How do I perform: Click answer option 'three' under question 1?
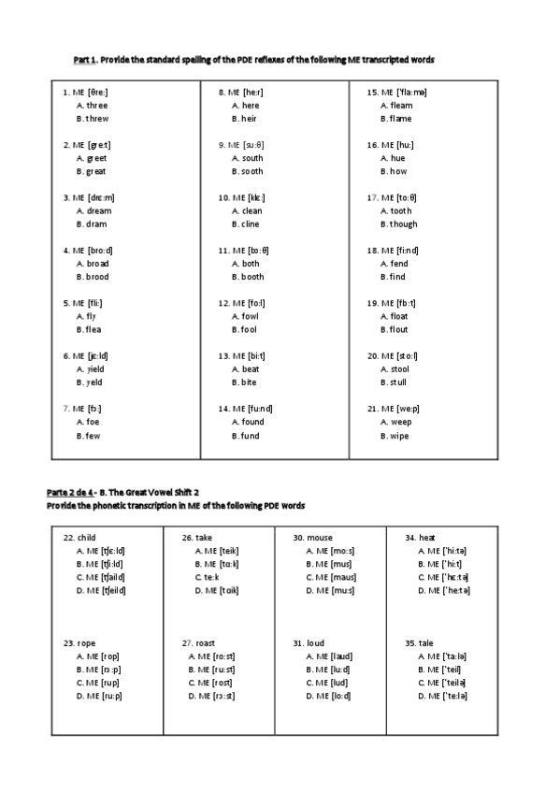tap(95, 106)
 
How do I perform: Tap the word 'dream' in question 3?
tap(97, 211)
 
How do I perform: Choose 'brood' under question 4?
tap(97, 278)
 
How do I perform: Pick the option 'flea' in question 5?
tap(93, 330)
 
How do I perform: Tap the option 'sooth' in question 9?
tap(251, 172)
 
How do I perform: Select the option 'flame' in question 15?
tap(399, 120)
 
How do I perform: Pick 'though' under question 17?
tap(402, 224)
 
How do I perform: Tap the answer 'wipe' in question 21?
tap(398, 436)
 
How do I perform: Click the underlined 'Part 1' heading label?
tap(85, 60)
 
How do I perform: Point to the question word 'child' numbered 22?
tap(86, 538)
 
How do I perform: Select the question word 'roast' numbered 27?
tap(206, 643)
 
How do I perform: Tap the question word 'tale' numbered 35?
tap(424, 643)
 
